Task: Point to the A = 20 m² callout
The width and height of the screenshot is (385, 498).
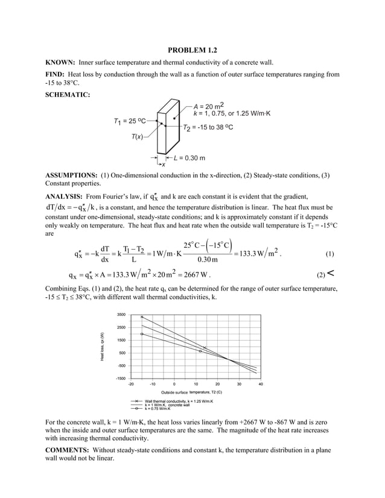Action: click(x=211, y=106)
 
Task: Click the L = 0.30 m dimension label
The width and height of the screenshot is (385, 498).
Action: click(x=189, y=158)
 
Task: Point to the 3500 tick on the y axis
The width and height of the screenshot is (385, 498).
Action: click(x=121, y=315)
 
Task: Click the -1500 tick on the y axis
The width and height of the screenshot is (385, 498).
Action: click(x=121, y=378)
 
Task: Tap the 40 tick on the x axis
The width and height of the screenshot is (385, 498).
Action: click(x=261, y=384)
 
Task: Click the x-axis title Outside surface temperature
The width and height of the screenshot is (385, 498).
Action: click(x=196, y=392)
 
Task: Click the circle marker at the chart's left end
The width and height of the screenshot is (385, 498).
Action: click(x=142, y=333)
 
